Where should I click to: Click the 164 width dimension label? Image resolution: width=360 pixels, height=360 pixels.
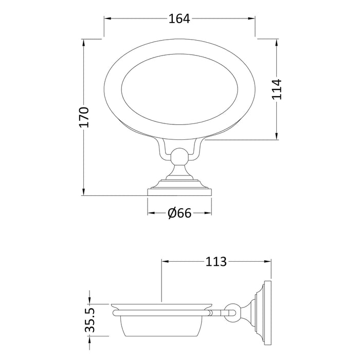(x=179, y=19)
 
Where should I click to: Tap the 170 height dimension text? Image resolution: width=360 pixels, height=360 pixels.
(x=84, y=117)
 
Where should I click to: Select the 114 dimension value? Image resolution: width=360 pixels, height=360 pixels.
(x=277, y=89)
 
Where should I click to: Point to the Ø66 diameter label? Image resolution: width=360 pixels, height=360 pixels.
(x=179, y=213)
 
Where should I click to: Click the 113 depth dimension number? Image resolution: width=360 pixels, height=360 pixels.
(x=216, y=261)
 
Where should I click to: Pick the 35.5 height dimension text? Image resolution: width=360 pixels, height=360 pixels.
(x=90, y=320)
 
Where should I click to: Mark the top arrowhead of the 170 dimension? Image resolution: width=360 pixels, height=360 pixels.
(x=83, y=43)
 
